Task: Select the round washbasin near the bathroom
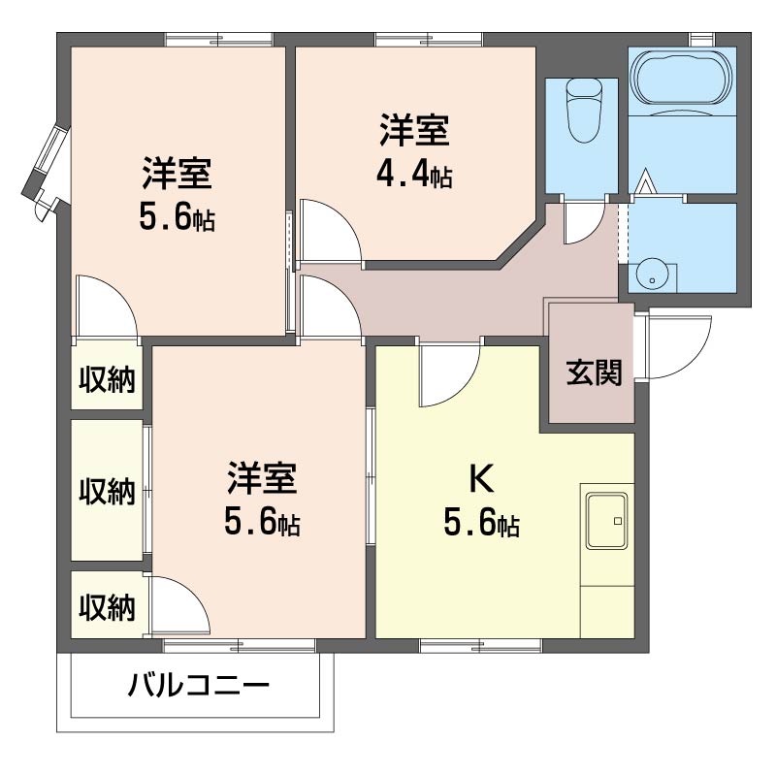coord(653,277)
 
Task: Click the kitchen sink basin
coord(607,521)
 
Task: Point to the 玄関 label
coord(594,372)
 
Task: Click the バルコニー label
coord(199,686)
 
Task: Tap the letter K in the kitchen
coord(481,478)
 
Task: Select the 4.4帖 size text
coord(414,175)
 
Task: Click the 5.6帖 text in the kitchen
coord(481,523)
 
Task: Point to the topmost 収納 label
coord(107,380)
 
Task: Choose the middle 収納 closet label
coord(107,492)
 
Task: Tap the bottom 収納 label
coord(107,608)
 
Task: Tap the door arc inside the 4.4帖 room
coord(331,230)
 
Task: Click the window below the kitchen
coord(481,646)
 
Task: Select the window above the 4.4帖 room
coord(429,39)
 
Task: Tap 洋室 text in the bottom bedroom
coord(262,478)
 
